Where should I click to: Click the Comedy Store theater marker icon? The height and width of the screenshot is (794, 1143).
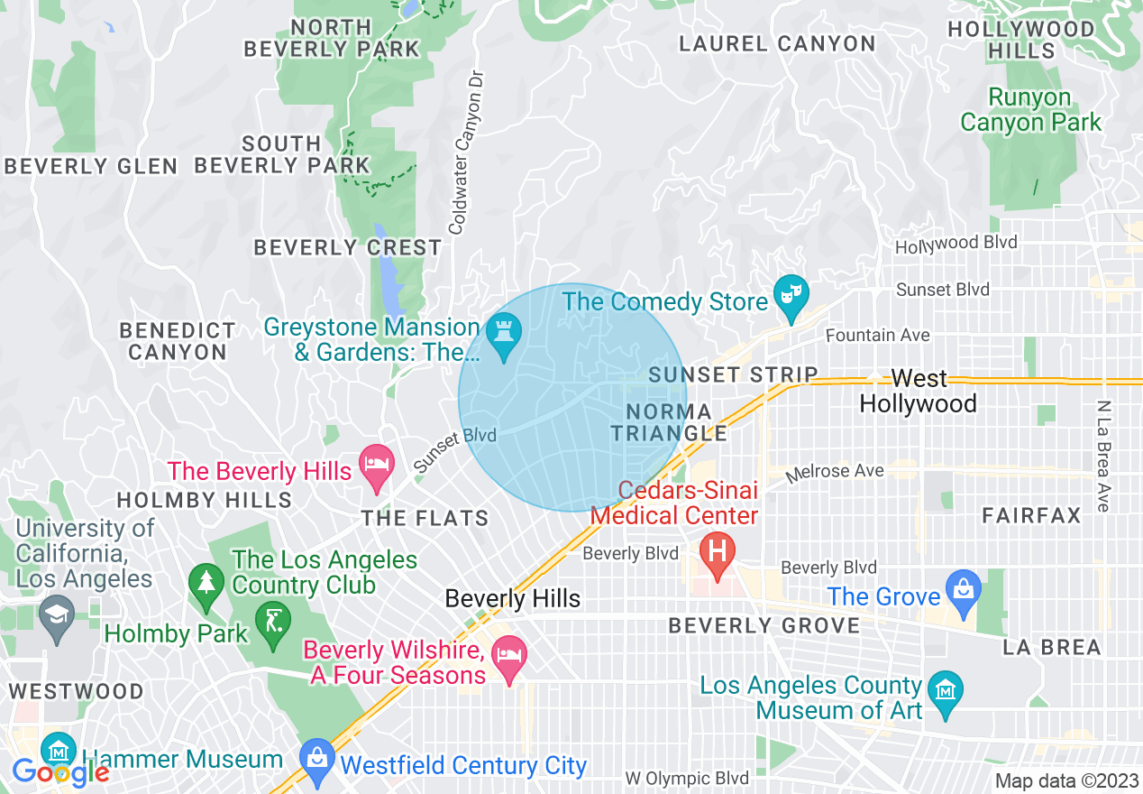click(x=791, y=297)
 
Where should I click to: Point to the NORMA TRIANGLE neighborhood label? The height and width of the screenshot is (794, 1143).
click(x=668, y=422)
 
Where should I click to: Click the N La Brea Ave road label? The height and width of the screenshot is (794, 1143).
click(x=1104, y=456)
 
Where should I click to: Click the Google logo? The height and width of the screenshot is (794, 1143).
click(x=59, y=772)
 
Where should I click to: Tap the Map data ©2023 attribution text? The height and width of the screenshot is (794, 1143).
click(x=1065, y=780)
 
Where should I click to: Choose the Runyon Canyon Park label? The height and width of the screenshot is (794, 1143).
click(x=1030, y=109)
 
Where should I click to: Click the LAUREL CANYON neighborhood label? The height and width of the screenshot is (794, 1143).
click(x=777, y=43)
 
